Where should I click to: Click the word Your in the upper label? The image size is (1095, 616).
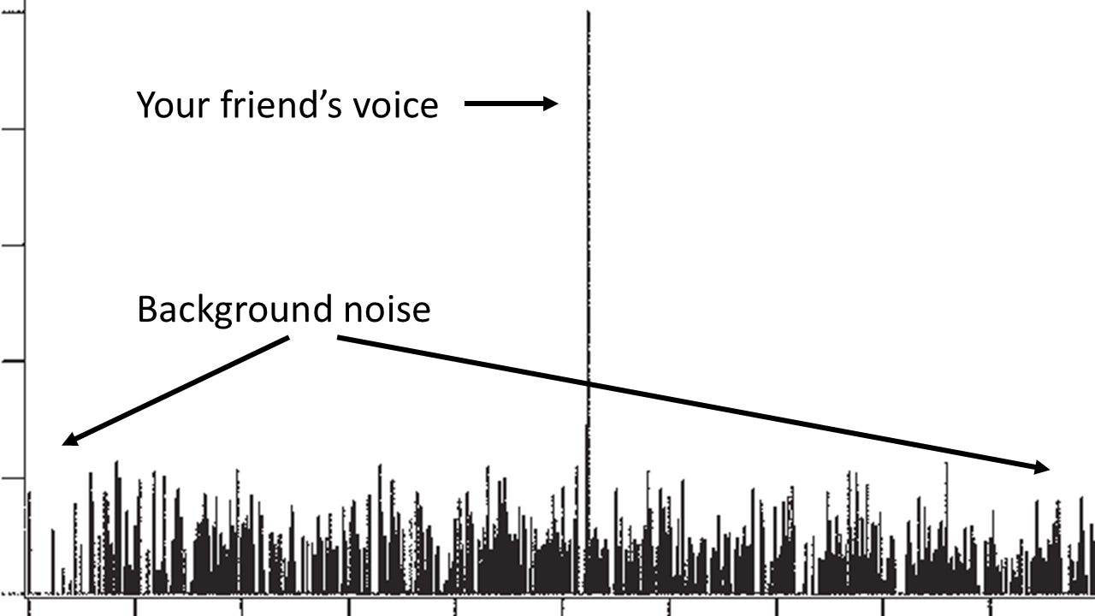(x=172, y=105)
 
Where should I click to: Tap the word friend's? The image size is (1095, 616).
(x=281, y=104)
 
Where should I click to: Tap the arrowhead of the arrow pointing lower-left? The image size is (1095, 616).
(x=68, y=441)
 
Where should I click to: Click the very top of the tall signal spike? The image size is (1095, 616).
(x=588, y=12)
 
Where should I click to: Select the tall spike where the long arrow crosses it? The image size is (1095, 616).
(x=588, y=382)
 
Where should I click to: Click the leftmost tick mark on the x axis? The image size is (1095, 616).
(x=28, y=606)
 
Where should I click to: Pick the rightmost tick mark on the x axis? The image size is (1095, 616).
(x=989, y=606)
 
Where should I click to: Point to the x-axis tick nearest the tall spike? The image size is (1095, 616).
(x=562, y=606)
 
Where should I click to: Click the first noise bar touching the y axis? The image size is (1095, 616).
(x=29, y=539)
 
